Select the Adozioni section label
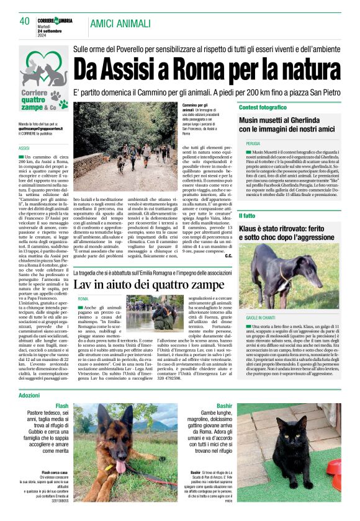30,394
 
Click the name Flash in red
62,406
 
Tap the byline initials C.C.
229,256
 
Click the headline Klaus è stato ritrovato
289,233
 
